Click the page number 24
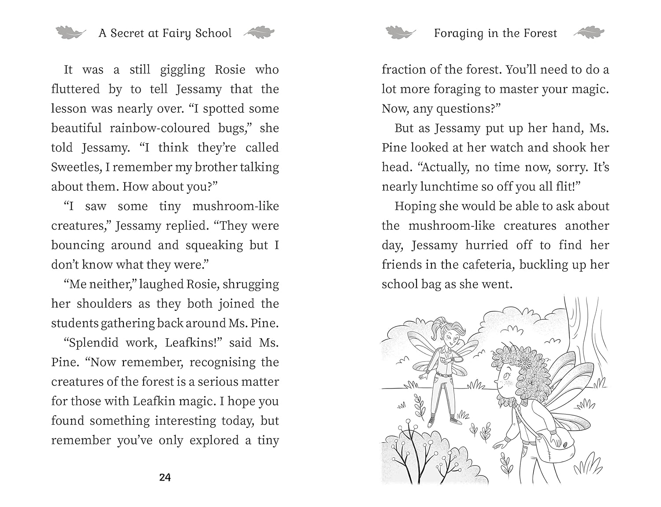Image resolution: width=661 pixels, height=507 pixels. pos(165,477)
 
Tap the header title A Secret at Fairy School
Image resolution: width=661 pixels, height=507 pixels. pos(165,33)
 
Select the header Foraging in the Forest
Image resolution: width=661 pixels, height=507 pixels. pos(495,33)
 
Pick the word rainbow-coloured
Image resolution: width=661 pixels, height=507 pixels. pos(160,128)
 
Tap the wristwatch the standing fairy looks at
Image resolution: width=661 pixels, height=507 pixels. pos(453,360)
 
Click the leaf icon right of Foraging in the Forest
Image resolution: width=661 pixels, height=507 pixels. pos(589,33)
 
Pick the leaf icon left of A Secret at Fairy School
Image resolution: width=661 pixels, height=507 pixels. pos(71,33)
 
